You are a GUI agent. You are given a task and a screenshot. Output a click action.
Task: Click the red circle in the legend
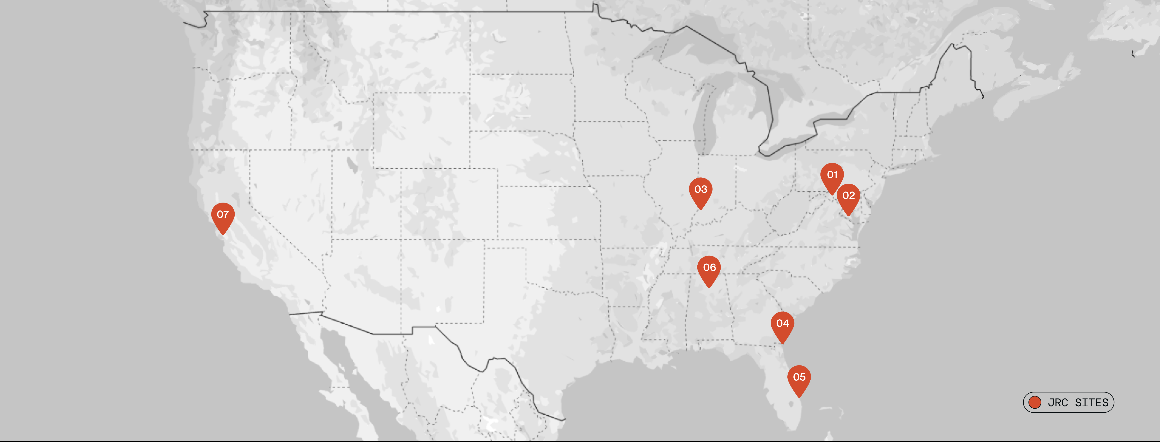click(1035, 402)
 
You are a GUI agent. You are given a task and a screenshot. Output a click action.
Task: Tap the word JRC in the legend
click(1058, 402)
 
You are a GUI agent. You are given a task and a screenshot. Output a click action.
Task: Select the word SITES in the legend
click(1092, 402)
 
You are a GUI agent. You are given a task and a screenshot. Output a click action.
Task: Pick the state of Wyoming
click(421, 130)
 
